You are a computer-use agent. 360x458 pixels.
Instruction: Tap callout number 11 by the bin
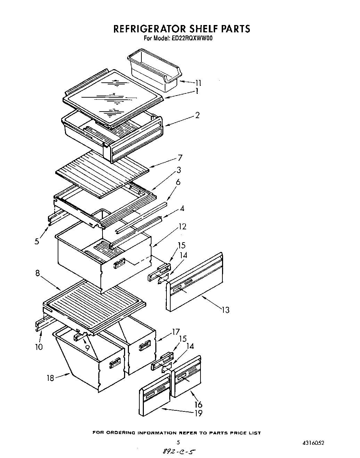coord(198,83)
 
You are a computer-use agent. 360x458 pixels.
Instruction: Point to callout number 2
coord(197,115)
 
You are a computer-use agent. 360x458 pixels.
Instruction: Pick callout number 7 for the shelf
coord(180,158)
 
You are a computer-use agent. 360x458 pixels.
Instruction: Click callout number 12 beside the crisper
coord(182,227)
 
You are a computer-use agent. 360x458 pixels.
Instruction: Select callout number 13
coord(226,310)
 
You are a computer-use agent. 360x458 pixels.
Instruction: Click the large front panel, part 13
coord(195,281)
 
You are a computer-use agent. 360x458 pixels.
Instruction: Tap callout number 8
coord(38,273)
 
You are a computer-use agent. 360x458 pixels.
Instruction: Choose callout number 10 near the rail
coord(39,346)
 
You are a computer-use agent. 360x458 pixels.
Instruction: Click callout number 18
coord(51,378)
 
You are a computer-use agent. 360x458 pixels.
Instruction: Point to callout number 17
coord(175,332)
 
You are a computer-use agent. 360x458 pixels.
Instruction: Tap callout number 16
coord(198,404)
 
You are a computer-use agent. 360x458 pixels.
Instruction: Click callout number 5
coord(37,241)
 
